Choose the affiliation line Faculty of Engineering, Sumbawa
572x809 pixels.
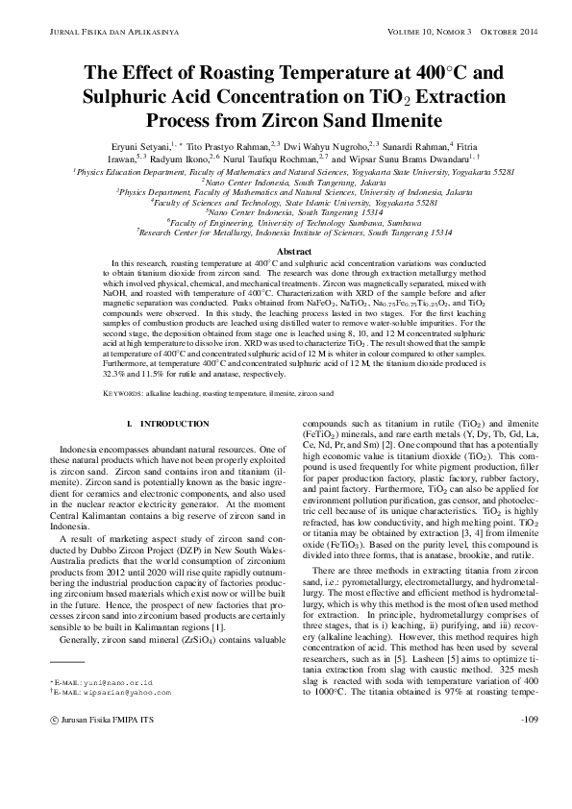coord(286,220)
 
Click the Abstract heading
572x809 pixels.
coord(286,250)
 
